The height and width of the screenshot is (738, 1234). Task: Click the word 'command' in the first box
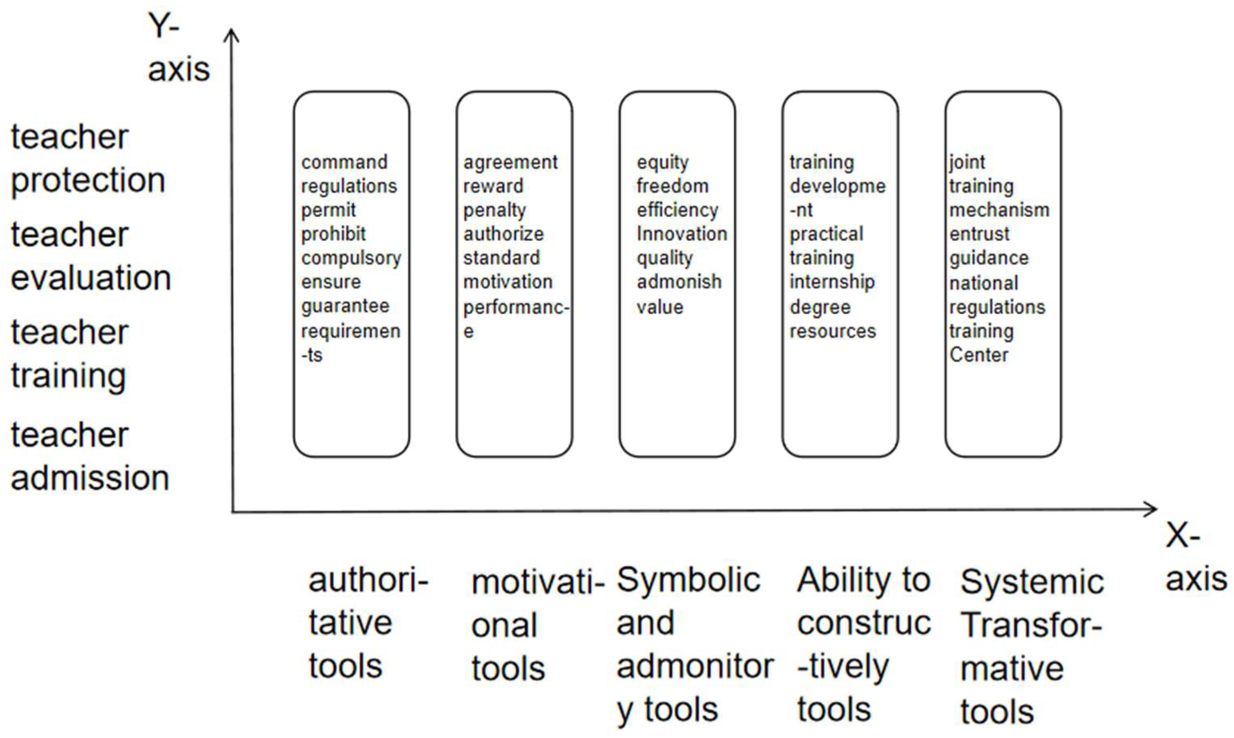click(x=344, y=162)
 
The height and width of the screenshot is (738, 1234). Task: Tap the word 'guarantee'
click(x=346, y=306)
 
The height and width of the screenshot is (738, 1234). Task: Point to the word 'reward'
click(x=493, y=187)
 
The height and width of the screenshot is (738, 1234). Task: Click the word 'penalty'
click(x=495, y=210)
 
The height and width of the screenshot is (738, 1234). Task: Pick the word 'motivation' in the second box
click(x=508, y=282)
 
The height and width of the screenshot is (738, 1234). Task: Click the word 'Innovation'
click(x=682, y=234)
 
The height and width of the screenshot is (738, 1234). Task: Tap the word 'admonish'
click(x=679, y=282)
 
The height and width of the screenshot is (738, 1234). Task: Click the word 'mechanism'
click(x=1000, y=210)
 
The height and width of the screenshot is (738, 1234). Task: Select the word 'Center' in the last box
click(x=979, y=355)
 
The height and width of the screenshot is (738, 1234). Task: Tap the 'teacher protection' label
click(x=88, y=159)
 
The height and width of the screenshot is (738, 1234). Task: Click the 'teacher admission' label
click(x=90, y=457)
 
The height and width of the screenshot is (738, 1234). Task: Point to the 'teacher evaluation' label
click(x=91, y=256)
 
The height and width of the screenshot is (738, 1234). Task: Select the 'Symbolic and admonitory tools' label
click(x=695, y=646)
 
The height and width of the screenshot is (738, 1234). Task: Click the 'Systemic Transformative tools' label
click(x=1032, y=647)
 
